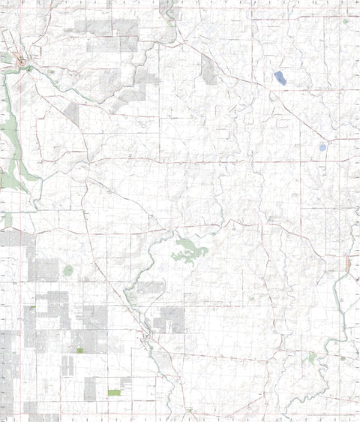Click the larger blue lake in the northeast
click(280, 77)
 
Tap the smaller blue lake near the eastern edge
click(322, 148)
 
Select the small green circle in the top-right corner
click(346, 21)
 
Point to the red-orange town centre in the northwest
click(22, 61)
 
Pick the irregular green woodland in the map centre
click(189, 251)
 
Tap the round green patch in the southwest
click(68, 270)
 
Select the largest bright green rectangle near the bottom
click(114, 393)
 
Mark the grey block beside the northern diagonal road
click(209, 70)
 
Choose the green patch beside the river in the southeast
click(311, 359)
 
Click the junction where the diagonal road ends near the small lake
click(337, 140)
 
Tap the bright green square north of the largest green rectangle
click(80, 351)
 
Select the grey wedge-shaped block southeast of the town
click(72, 113)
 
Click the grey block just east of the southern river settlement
click(168, 320)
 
